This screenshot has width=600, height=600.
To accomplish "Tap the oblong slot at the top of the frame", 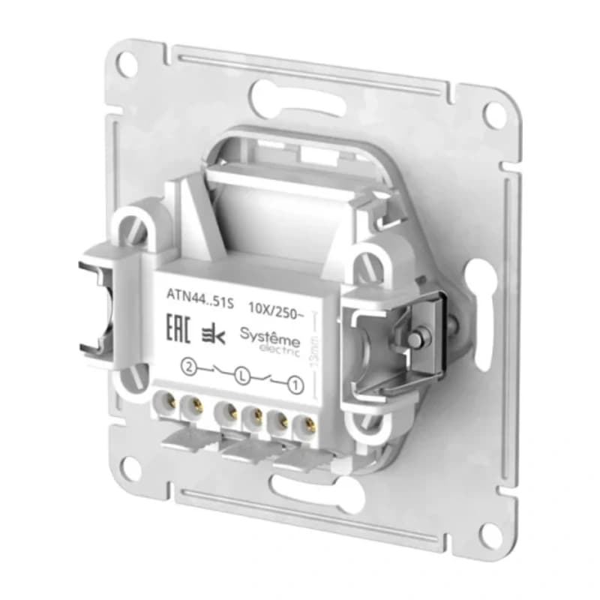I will pos(279,95).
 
